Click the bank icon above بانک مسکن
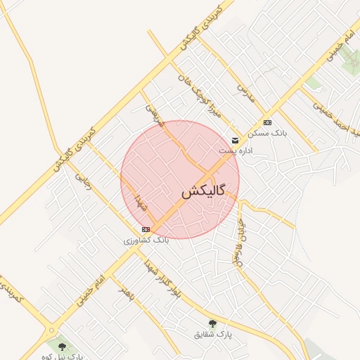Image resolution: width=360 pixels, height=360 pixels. [x=267, y=122]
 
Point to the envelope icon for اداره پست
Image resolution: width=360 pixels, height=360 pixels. [x=236, y=141]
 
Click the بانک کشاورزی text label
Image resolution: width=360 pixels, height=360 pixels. [x=146, y=240]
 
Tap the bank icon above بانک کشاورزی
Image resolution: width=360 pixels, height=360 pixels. [x=146, y=229]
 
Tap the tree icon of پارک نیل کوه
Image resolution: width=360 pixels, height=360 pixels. [x=63, y=346]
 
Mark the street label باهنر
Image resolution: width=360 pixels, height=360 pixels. [x=127, y=295]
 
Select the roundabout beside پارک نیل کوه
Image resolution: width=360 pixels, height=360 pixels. [x=50, y=330]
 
